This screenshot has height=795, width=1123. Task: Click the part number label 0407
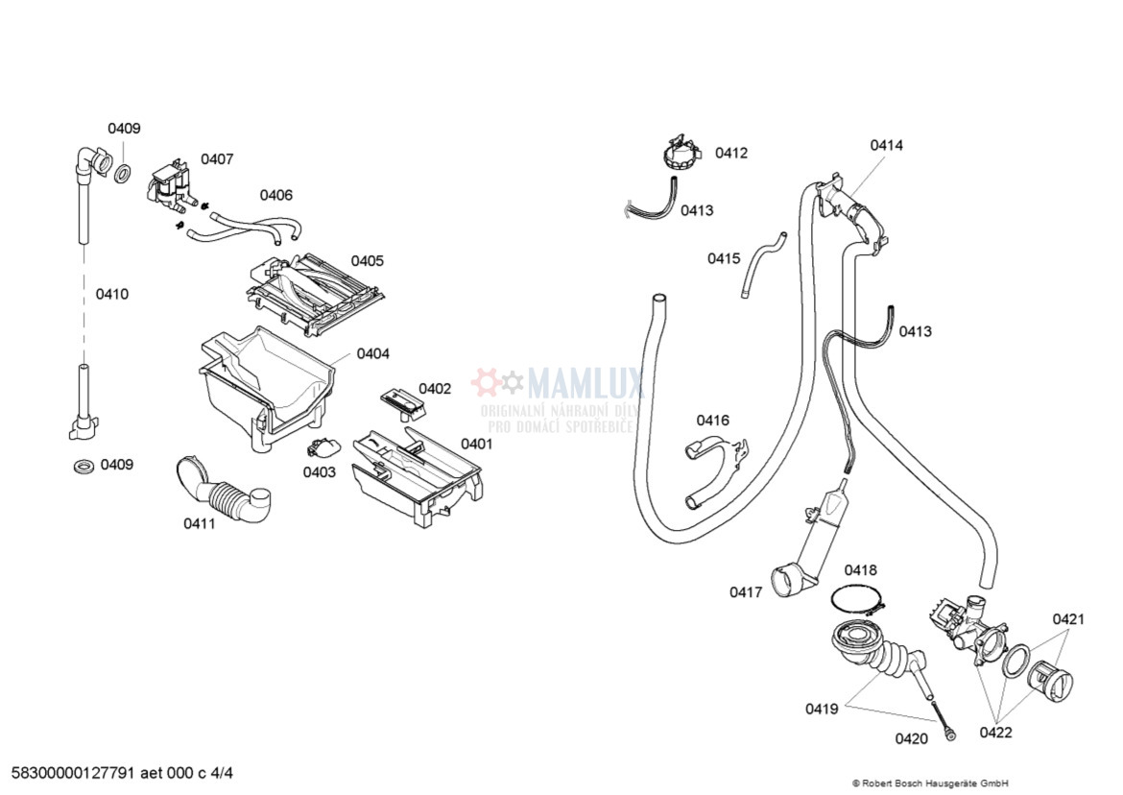(217, 159)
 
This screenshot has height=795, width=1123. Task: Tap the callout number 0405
(367, 261)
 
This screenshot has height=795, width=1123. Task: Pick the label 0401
(477, 444)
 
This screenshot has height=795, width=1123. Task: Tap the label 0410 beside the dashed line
(111, 295)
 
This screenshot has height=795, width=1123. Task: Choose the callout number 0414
(886, 146)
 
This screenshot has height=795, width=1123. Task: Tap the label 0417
(746, 592)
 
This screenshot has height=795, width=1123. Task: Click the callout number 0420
(911, 738)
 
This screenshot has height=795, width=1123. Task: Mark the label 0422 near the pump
(995, 733)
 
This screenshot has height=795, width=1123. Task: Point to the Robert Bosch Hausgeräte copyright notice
(930, 783)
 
